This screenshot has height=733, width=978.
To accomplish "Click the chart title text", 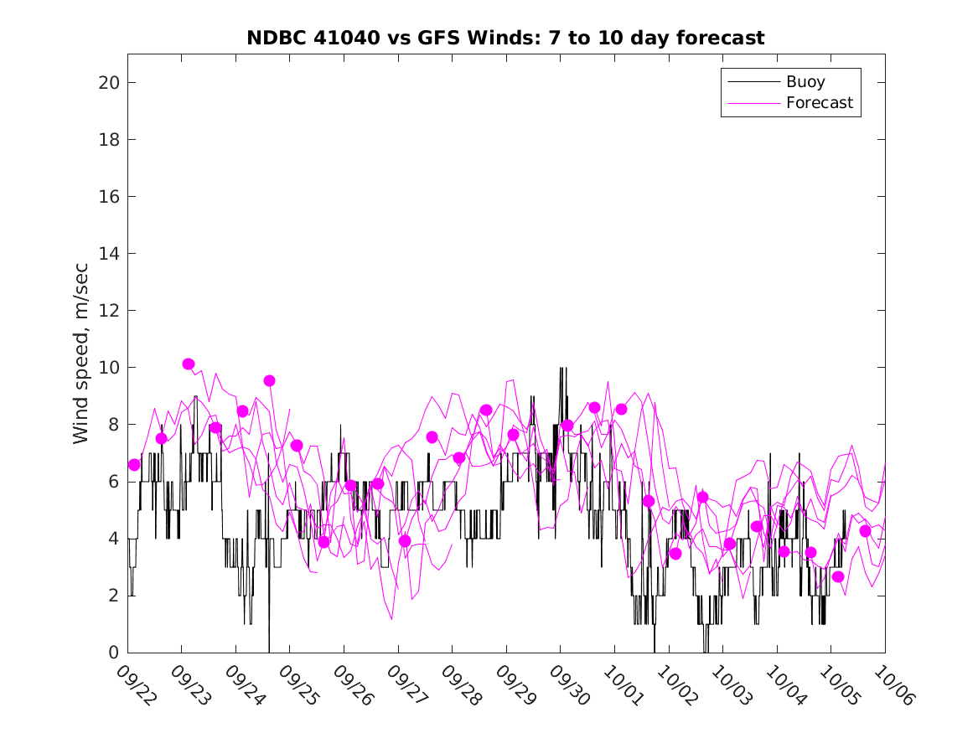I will [505, 39].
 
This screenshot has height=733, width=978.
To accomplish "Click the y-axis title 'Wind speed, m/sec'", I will [81, 352].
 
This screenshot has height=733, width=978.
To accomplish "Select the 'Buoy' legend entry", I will [805, 82].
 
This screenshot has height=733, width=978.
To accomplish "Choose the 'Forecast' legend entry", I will [819, 103].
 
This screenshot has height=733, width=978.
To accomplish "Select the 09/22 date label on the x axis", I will [133, 684].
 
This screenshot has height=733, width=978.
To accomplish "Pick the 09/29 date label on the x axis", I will [512, 684].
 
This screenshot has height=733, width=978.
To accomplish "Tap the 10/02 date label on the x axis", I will [675, 684].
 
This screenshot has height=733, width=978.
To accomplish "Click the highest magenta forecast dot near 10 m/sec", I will [189, 364].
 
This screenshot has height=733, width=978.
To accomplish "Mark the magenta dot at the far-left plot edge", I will [134, 464].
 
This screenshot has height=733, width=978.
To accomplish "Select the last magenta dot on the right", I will [865, 530].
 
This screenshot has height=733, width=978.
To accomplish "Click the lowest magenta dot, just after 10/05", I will [838, 576].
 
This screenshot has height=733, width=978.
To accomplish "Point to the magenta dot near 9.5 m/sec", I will [269, 380].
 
